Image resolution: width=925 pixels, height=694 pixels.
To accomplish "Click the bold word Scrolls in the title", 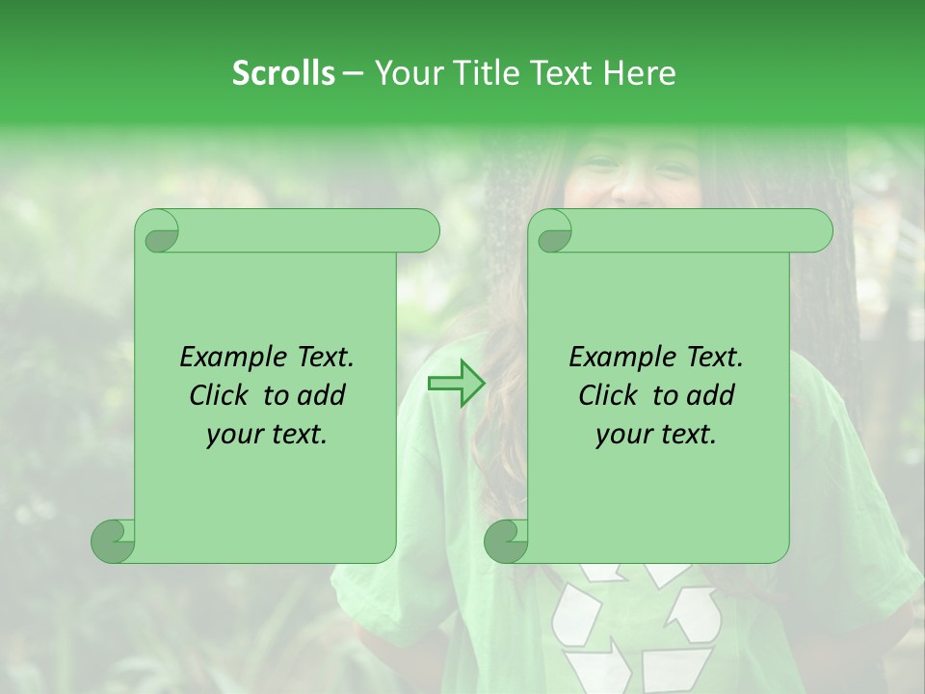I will tap(283, 73).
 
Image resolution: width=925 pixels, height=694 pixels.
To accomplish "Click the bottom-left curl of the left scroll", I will tap(114, 540).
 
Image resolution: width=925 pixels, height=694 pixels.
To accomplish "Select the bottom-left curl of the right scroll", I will tap(506, 540).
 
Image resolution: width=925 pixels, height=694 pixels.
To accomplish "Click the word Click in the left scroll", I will tap(221, 395).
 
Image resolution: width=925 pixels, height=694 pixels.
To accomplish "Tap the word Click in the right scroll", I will tap(610, 395).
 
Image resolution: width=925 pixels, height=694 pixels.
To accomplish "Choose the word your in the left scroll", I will tap(232, 435).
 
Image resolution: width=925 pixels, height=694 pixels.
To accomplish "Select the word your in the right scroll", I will tap(621, 435).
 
